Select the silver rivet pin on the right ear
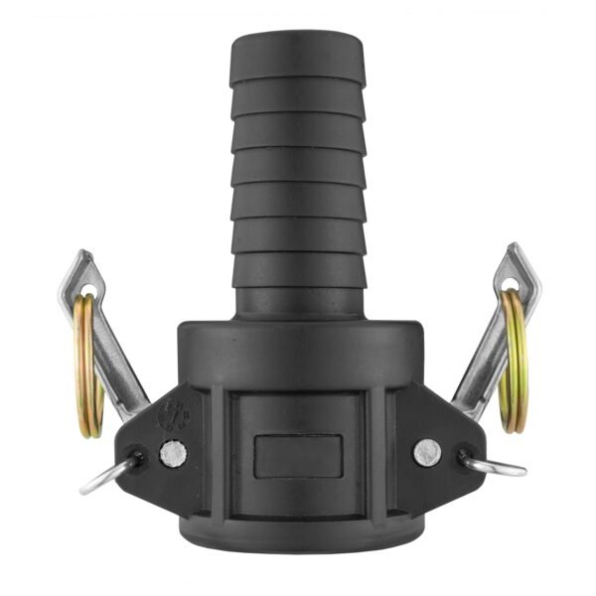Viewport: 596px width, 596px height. tap(426, 451)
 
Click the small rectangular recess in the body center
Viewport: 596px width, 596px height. tap(298, 455)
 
